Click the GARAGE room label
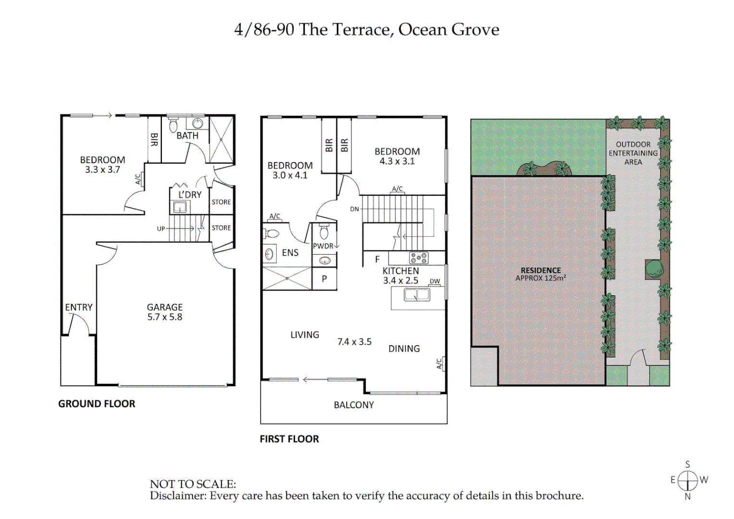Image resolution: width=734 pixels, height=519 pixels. coord(164,307)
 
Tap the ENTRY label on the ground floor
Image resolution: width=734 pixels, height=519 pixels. coord(79,307)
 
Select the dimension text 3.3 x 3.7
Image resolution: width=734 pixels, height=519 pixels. coord(102,170)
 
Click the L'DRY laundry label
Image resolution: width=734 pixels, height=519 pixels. coord(190,195)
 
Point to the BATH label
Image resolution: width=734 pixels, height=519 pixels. coord(187,136)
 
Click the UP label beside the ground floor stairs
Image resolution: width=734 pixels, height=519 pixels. coord(161,229)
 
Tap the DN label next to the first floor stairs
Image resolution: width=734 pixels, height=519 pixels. coord(355,209)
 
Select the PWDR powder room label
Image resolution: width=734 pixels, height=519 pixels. coord(323,246)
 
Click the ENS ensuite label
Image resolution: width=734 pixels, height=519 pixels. coord(290,253)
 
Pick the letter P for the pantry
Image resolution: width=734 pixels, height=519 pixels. coord(324,279)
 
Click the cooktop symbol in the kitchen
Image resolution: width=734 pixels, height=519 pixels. coord(418,258)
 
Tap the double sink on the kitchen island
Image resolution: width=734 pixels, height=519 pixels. coord(416,294)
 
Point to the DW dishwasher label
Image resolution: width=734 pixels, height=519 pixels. coord(435,281)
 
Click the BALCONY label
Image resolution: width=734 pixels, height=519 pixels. coord(354,405)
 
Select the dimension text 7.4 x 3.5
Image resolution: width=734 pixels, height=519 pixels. coord(354,342)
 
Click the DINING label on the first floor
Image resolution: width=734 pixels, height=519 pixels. coord(404,349)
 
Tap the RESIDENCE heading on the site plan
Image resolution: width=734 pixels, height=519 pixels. coord(540,270)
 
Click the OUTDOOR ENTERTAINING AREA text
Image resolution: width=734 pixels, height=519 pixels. coord(633,153)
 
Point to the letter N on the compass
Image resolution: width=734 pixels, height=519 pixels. coord(687,496)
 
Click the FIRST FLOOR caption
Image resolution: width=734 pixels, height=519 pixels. coord(289,439)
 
